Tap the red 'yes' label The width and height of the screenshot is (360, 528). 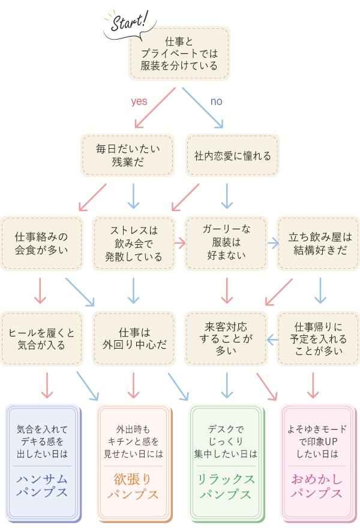(x=139, y=101)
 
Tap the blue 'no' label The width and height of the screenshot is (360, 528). (x=216, y=101)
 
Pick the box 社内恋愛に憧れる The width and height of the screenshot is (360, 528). (x=232, y=155)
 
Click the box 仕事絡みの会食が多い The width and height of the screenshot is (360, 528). (x=41, y=243)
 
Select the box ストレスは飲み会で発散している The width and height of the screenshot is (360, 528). (x=133, y=243)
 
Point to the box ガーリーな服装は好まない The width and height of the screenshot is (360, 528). (x=226, y=243)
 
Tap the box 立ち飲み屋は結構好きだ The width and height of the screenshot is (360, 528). (x=318, y=243)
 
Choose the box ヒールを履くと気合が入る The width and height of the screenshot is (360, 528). (x=41, y=338)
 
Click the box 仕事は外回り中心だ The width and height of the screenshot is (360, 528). (x=133, y=338)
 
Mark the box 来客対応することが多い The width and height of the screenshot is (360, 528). (x=226, y=338)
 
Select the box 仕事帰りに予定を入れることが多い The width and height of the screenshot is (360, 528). (x=318, y=338)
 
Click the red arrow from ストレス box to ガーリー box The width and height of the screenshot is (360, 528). (x=179, y=243)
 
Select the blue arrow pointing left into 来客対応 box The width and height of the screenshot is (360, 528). (x=272, y=340)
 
